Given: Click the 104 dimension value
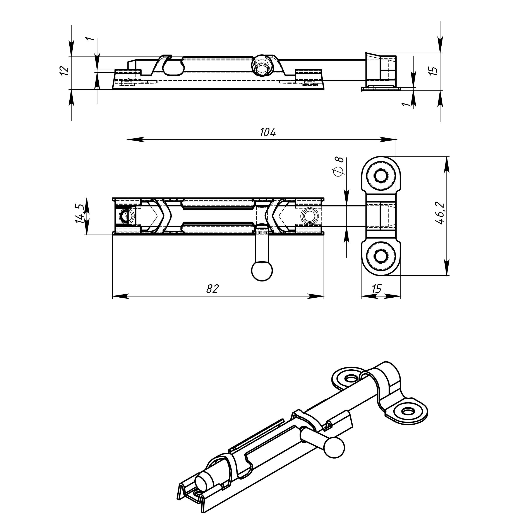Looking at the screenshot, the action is pyautogui.click(x=268, y=132).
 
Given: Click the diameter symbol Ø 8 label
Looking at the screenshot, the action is pyautogui.click(x=339, y=167).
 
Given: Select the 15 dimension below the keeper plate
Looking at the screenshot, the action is pyautogui.click(x=377, y=289).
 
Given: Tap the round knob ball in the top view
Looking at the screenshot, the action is pyautogui.click(x=262, y=271).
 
